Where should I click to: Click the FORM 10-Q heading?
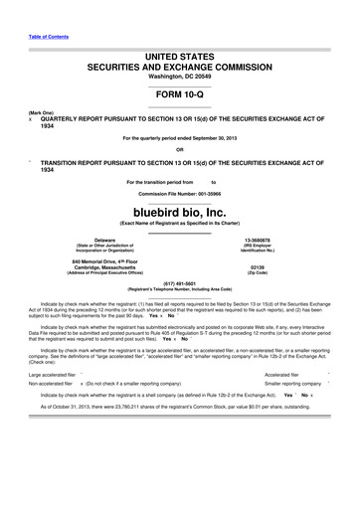click(x=180, y=92)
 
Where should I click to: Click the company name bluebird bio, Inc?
click(x=180, y=211)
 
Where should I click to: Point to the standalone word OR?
click(x=180, y=151)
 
